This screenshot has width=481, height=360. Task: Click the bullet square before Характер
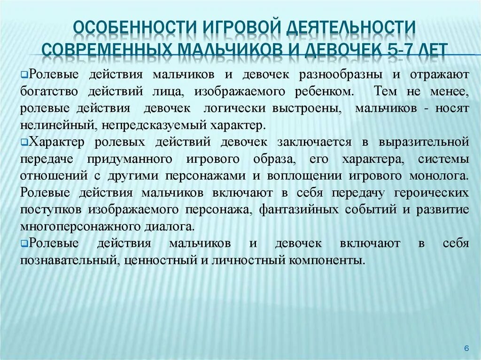click(24, 141)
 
